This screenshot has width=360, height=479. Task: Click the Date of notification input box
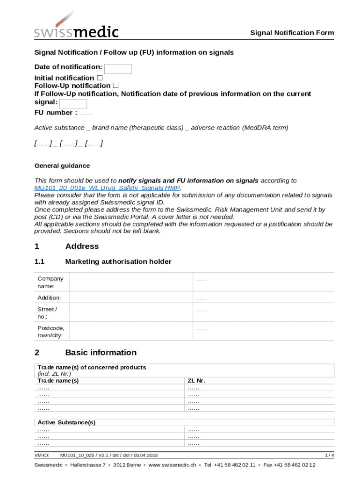pyautogui.click(x=118, y=69)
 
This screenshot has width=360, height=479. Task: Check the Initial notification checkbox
pyautogui.click(x=100, y=78)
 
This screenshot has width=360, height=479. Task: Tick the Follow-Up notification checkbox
pyautogui.click(x=115, y=86)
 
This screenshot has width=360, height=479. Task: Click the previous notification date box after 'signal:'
pyautogui.click(x=73, y=103)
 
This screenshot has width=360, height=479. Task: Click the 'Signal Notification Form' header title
pyautogui.click(x=292, y=33)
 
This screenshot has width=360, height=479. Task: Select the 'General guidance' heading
pyautogui.click(x=62, y=166)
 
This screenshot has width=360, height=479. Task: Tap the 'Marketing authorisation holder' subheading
pyautogui.click(x=118, y=261)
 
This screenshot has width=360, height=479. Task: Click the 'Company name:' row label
pyautogui.click(x=50, y=282)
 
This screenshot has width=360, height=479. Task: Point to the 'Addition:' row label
pyautogui.click(x=49, y=298)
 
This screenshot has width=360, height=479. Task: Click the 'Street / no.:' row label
pyautogui.click(x=47, y=312)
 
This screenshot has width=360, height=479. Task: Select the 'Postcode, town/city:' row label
pyautogui.click(x=50, y=331)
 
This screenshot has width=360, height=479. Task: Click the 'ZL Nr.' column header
pyautogui.click(x=196, y=380)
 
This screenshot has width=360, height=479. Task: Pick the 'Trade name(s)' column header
pyautogui.click(x=58, y=380)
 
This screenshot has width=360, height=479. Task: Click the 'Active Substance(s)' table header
pyautogui.click(x=66, y=422)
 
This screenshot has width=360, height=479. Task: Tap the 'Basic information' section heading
pyautogui.click(x=101, y=352)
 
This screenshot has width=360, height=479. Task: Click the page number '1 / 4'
pyautogui.click(x=329, y=455)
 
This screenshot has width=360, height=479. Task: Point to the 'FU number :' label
pyautogui.click(x=55, y=113)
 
